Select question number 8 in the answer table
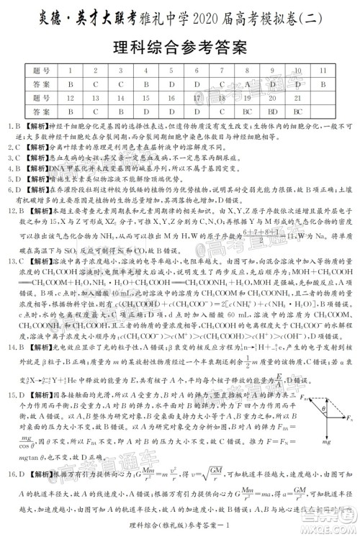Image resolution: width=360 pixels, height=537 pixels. (246, 71)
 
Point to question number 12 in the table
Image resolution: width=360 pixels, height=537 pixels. (69, 98)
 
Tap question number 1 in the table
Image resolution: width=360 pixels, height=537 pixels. (69, 71)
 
